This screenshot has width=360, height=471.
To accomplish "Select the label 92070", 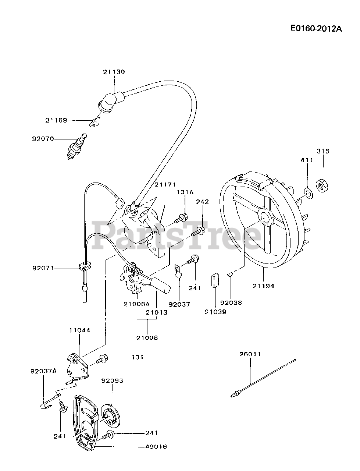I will coord(43,139).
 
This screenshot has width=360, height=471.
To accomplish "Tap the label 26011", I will coord(250,354).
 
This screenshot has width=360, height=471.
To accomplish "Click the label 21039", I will coord(215,312).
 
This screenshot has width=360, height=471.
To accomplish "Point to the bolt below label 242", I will coord(199,231).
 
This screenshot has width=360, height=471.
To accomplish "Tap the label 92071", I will coord(43,268).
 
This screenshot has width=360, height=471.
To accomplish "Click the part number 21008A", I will coord(137,304).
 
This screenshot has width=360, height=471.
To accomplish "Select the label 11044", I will coord(79,330).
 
